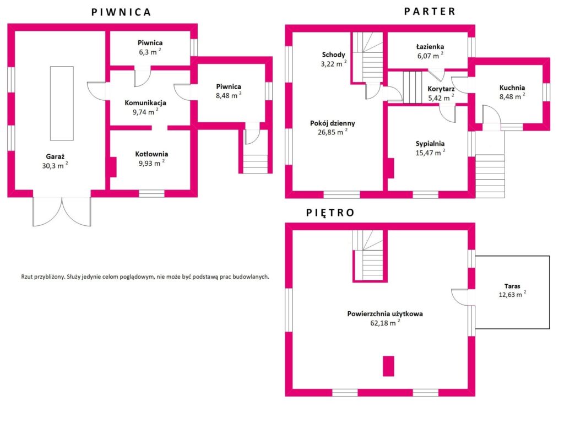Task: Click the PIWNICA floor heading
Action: (x=121, y=12)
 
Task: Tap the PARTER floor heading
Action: (x=430, y=12)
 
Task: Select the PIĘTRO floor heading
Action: (x=330, y=213)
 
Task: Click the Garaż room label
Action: (x=55, y=156)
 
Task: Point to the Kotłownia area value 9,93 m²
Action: (x=151, y=163)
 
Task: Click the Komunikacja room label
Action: (x=145, y=103)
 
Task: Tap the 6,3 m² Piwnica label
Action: (x=150, y=52)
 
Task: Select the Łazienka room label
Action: (x=430, y=46)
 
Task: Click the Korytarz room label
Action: (x=441, y=89)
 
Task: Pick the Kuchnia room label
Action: (x=512, y=88)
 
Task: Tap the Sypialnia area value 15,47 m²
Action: (x=430, y=153)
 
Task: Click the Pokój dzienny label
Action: (x=332, y=123)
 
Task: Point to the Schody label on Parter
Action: (x=333, y=55)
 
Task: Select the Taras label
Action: (x=512, y=286)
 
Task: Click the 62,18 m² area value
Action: (x=385, y=323)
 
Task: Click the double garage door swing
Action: (x=62, y=212)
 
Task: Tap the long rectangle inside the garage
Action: (x=62, y=103)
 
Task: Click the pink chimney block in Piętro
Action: (x=388, y=366)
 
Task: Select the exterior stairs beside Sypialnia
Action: (x=490, y=176)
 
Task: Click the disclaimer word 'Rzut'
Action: (x=27, y=276)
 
